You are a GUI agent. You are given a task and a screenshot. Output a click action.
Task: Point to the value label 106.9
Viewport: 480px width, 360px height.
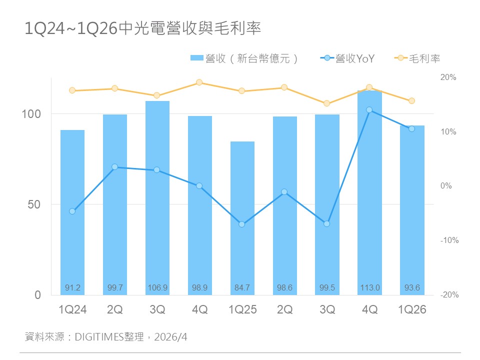click(x=157, y=288)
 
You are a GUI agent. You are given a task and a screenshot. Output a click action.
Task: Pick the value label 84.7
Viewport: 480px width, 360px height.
click(x=242, y=288)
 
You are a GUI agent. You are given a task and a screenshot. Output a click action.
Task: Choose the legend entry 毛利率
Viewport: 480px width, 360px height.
click(x=418, y=58)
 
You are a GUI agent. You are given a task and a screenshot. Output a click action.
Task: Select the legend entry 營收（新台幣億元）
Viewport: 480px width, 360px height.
click(x=245, y=58)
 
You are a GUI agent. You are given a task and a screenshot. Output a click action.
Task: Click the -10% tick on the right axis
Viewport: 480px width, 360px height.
click(x=449, y=240)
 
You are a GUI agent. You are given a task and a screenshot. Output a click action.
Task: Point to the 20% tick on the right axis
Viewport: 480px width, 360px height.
click(x=448, y=77)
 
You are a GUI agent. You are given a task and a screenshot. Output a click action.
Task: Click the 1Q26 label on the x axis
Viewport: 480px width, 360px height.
click(x=412, y=310)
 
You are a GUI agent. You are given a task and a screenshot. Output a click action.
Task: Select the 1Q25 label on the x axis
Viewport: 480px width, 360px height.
click(x=242, y=310)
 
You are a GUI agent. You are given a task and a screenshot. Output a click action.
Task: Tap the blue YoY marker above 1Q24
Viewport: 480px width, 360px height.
click(x=72, y=211)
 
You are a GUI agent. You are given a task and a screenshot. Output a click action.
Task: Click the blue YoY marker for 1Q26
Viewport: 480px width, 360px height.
click(x=412, y=129)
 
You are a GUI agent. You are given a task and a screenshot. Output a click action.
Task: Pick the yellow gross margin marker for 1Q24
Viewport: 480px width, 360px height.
click(x=72, y=90)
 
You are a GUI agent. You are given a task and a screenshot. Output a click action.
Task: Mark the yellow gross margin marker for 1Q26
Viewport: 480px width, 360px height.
click(x=412, y=101)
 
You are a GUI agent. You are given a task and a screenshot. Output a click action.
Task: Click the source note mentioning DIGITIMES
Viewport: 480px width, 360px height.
click(x=106, y=337)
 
